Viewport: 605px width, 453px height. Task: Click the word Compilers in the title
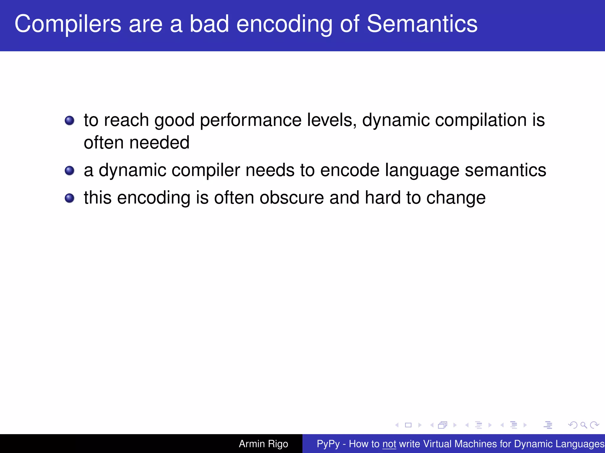[68, 24]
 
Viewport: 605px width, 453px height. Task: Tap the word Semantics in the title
[422, 24]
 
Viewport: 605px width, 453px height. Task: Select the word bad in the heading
[209, 24]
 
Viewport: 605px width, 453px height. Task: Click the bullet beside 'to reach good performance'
[69, 120]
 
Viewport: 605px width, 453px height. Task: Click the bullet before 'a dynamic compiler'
[69, 170]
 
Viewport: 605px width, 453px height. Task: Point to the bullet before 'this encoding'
[69, 198]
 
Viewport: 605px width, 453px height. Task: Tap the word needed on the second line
[159, 142]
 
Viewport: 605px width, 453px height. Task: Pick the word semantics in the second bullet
[505, 170]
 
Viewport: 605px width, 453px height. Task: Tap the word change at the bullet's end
[456, 198]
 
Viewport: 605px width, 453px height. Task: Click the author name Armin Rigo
[263, 444]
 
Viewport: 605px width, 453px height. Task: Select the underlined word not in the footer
[389, 444]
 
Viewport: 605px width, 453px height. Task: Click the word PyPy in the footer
[328, 444]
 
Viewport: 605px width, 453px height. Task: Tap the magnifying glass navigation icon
[583, 425]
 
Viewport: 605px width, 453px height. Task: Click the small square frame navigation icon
[408, 425]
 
